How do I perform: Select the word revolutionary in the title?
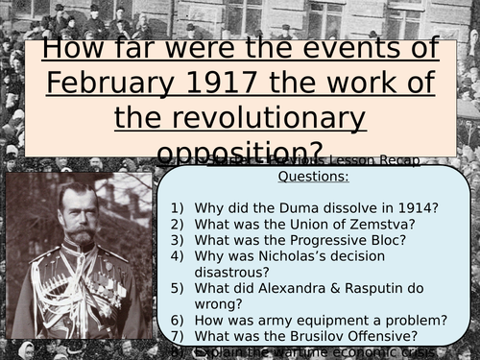tap(240, 118)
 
